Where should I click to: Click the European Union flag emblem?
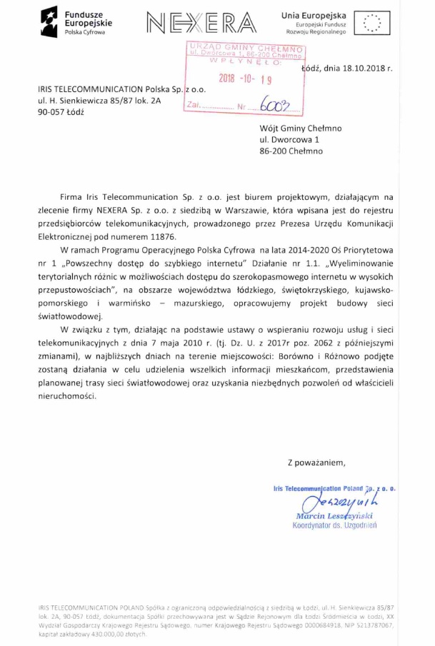pyautogui.click(x=374, y=24)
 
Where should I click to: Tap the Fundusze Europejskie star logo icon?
pyautogui.click(x=50, y=21)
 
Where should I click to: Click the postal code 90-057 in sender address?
pyautogui.click(x=53, y=113)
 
